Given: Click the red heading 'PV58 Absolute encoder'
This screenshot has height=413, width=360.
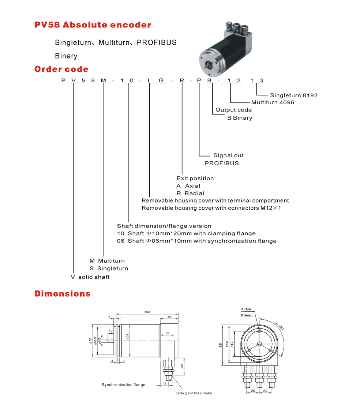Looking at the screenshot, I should pyautogui.click(x=93, y=25).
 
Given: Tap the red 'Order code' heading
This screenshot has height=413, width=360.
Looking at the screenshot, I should pyautogui.click(x=61, y=69).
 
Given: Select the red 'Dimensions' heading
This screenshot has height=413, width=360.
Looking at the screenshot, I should pyautogui.click(x=62, y=293).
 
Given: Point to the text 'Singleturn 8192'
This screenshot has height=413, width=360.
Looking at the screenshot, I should pyautogui.click(x=293, y=95).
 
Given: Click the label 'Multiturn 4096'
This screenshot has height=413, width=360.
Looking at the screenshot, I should pyautogui.click(x=273, y=102).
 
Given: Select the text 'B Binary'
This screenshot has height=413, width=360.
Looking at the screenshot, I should pyautogui.click(x=240, y=118).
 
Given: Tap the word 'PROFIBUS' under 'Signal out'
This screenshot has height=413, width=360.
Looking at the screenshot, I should pyautogui.click(x=221, y=163).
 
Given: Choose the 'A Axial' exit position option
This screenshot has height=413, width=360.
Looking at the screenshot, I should pyautogui.click(x=188, y=186).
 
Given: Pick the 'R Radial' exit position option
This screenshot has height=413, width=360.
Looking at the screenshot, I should pyautogui.click(x=190, y=193).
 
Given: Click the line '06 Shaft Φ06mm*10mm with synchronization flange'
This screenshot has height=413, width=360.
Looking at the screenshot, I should pyautogui.click(x=197, y=241).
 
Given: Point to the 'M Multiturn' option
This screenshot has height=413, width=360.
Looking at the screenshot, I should pyautogui.click(x=107, y=261).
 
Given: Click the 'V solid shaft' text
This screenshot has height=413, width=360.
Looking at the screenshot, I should pyautogui.click(x=90, y=277).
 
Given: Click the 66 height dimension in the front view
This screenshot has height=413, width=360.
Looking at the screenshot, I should pyautogui.click(x=221, y=345).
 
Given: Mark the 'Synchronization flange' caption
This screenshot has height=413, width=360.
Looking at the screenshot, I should pyautogui.click(x=123, y=384).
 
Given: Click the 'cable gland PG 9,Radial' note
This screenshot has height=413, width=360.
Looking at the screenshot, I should pyautogui.click(x=194, y=393).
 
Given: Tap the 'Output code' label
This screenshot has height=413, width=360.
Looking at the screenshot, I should pyautogui.click(x=233, y=110).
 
